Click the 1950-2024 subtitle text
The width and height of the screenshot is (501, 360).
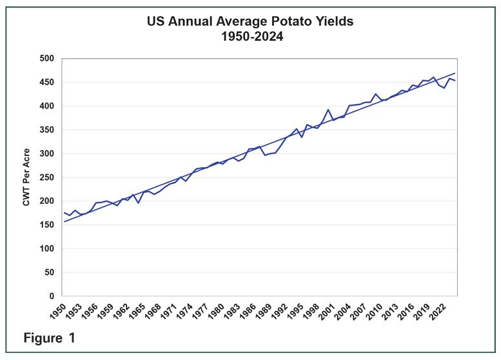point(250,36)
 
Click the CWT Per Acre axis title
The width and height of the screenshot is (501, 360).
point(26,177)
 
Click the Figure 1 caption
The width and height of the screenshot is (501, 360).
point(50,338)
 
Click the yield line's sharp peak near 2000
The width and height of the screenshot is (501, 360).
point(328,110)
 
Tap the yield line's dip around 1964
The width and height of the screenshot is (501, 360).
point(138,203)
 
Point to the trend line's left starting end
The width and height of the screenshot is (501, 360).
point(64,221)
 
